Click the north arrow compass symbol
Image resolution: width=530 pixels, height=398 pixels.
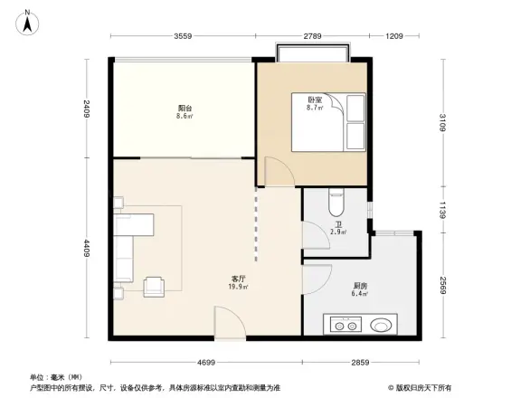[x=28, y=20]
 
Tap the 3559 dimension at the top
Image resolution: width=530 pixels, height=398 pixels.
[x=184, y=36]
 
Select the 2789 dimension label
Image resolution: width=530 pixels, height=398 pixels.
[x=312, y=36]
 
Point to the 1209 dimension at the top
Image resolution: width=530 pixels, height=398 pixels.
[x=393, y=36]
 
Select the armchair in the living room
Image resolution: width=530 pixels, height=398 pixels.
[x=156, y=286]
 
